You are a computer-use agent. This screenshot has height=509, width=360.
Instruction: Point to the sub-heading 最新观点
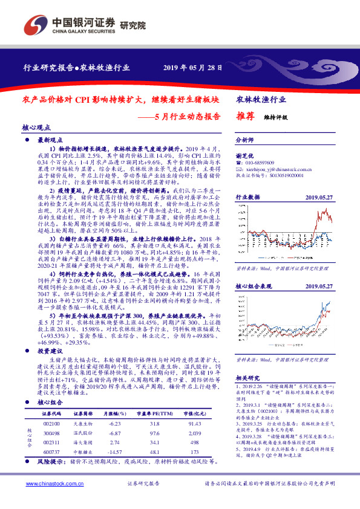(50, 140)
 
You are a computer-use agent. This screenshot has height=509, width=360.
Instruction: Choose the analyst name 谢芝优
(245, 155)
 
